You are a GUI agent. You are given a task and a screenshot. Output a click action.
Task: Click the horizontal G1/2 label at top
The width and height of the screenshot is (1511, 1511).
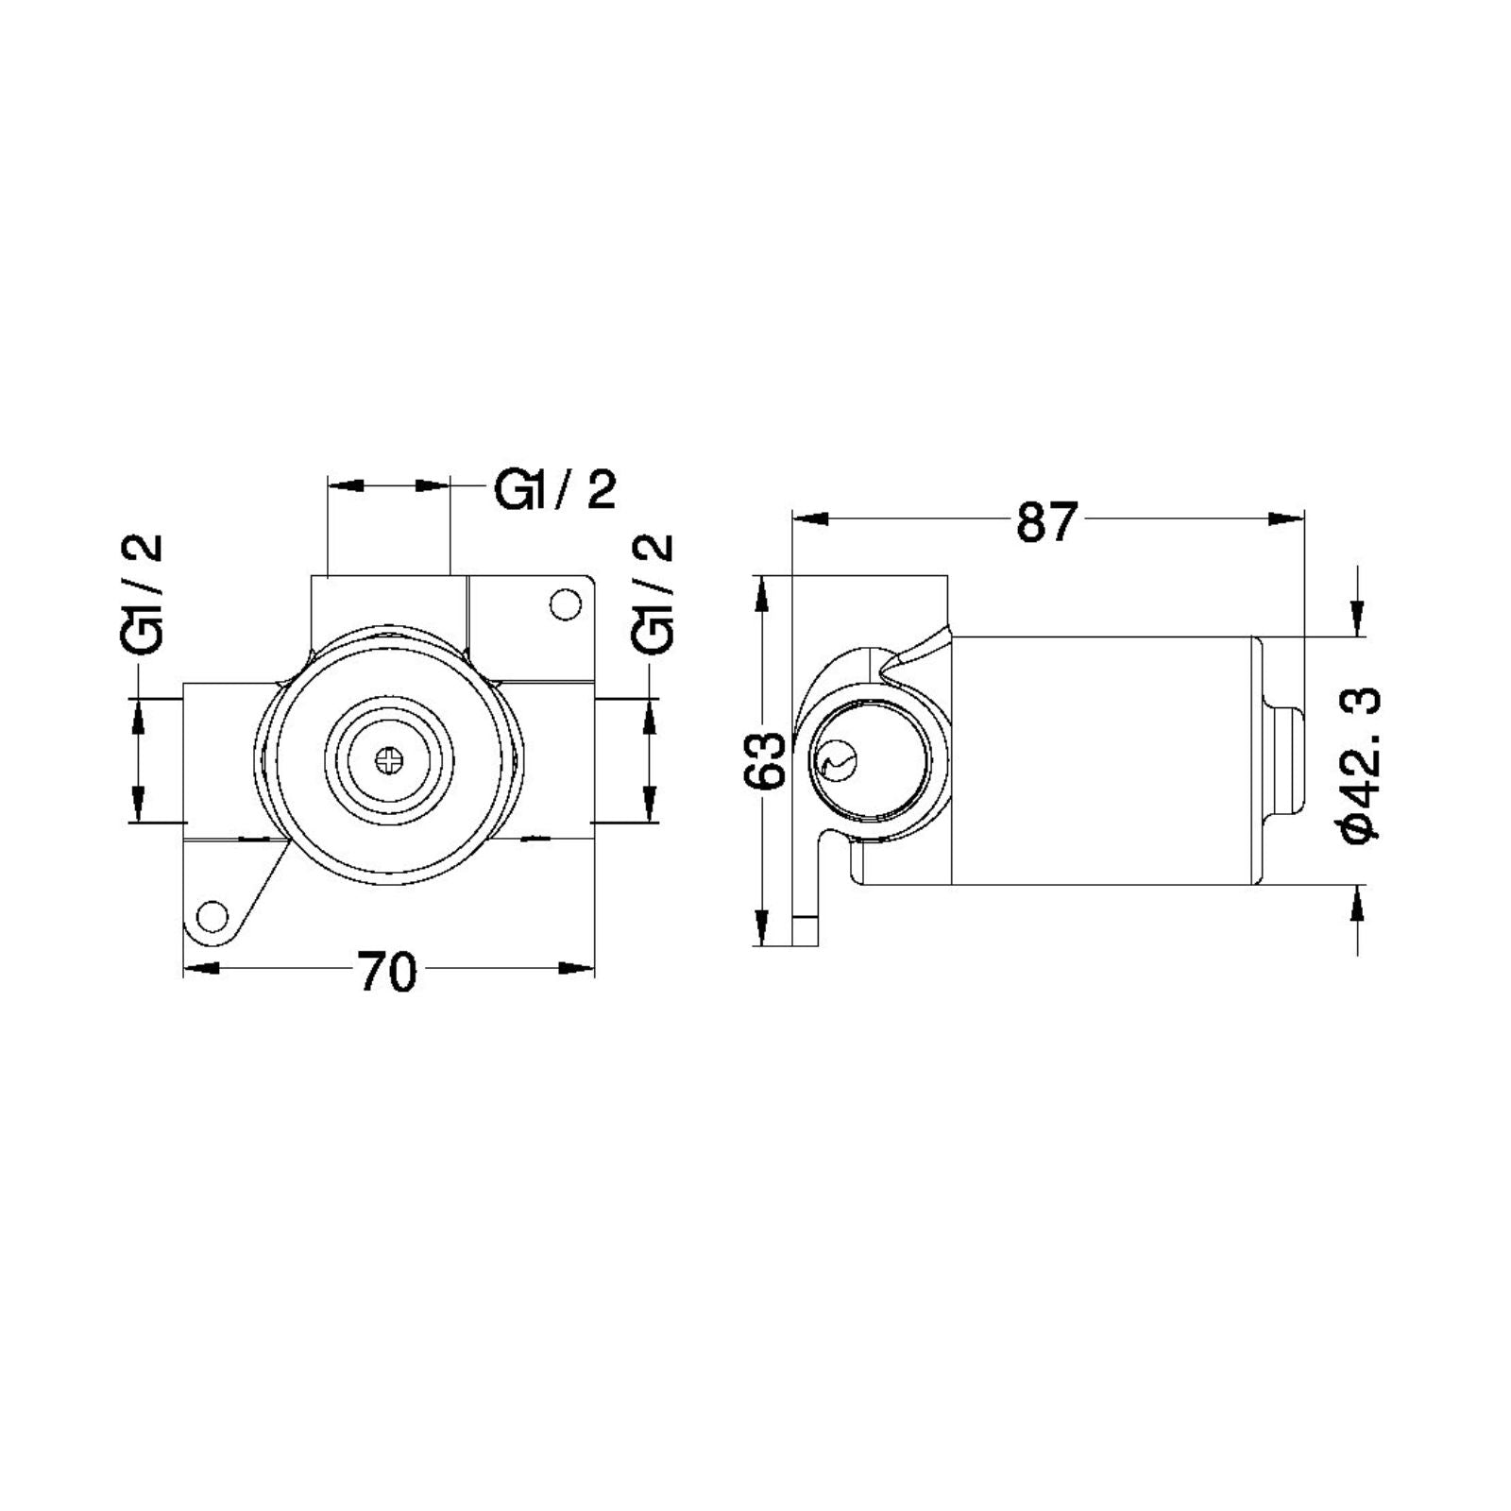coord(555,491)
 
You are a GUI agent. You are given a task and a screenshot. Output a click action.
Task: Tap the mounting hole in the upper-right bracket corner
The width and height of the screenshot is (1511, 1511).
coord(565,604)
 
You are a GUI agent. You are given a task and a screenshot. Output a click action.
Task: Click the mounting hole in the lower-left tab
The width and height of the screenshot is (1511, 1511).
coord(212,916)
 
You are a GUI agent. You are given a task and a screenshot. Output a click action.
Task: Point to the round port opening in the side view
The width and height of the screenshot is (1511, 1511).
coord(869,761)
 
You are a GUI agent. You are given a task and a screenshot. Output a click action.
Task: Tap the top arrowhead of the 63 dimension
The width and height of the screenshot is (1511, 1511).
coord(761,591)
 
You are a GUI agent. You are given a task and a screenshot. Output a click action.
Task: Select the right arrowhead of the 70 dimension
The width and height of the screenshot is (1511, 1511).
coord(577,968)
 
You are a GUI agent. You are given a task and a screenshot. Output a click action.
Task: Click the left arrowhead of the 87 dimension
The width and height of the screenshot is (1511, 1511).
coord(810,518)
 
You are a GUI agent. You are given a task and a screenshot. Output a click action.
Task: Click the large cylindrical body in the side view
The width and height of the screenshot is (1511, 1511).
coord(1100,761)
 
